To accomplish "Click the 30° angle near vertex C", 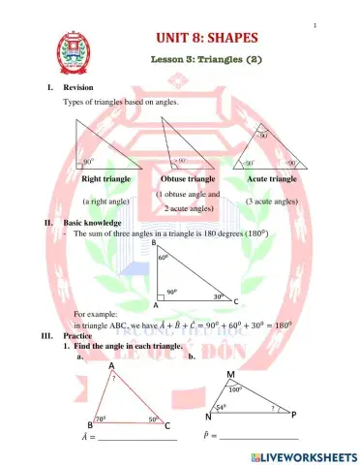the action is (219, 296).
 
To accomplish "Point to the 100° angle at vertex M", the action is (235, 387).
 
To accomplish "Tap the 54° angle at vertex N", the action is (222, 408).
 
